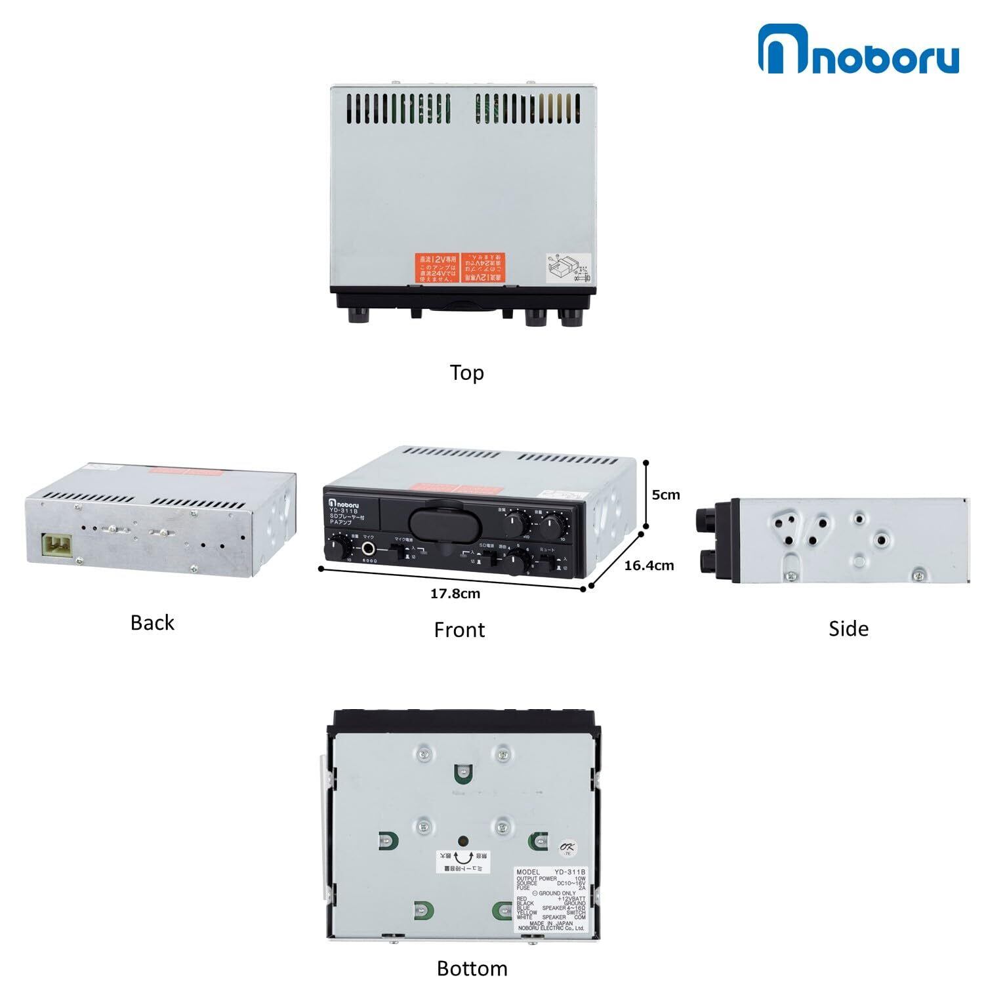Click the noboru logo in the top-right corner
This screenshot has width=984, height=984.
point(858,49)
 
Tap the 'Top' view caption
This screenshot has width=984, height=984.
point(467,373)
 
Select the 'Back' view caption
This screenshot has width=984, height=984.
point(152,623)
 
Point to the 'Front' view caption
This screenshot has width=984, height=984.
point(459,630)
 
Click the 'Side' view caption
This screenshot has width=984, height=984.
point(848,628)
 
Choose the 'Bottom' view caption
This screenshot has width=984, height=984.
point(472,968)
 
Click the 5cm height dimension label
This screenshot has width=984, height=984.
point(666,495)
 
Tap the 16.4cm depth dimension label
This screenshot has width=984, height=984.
point(649,565)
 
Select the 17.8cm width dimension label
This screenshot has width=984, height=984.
point(455,594)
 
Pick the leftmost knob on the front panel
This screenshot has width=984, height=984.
point(338,548)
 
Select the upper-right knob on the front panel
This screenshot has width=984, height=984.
point(553,525)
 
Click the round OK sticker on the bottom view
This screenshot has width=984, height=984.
point(565,848)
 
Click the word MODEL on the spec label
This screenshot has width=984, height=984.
point(528,872)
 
